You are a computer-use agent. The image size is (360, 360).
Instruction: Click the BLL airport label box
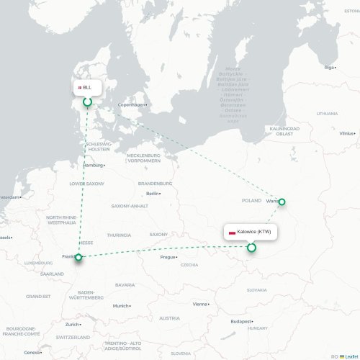pyautogui.click(x=86, y=87)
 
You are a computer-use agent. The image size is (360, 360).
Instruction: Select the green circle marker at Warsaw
pyautogui.click(x=282, y=202)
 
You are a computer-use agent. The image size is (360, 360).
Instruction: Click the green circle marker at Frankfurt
pyautogui.click(x=78, y=257)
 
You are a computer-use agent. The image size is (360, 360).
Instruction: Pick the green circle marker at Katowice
pyautogui.click(x=251, y=248)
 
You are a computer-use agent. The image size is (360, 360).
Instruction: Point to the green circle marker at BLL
pyautogui.click(x=88, y=102)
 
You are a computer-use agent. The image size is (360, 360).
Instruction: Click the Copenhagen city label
pyautogui.click(x=132, y=104)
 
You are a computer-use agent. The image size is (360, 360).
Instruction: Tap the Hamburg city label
pyautogui.click(x=94, y=165)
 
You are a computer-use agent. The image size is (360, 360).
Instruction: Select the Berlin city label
pyautogui.click(x=153, y=193)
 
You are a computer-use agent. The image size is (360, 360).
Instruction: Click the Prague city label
pyautogui.click(x=168, y=257)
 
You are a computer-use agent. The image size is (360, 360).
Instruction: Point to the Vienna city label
pyautogui.click(x=199, y=304)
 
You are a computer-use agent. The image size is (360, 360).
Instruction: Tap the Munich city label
pyautogui.click(x=120, y=306)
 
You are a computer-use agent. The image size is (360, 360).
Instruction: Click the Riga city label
pyautogui.click(x=330, y=68)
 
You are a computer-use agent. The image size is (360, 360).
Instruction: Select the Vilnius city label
pyautogui.click(x=347, y=133)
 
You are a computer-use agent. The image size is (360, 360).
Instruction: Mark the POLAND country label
pyautogui.click(x=251, y=200)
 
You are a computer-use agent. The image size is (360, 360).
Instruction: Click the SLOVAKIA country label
pyautogui.click(x=256, y=290)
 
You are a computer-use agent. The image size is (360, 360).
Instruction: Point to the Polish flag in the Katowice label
pyautogui.click(x=232, y=233)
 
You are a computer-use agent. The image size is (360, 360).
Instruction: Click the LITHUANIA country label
pyautogui.click(x=326, y=113)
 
